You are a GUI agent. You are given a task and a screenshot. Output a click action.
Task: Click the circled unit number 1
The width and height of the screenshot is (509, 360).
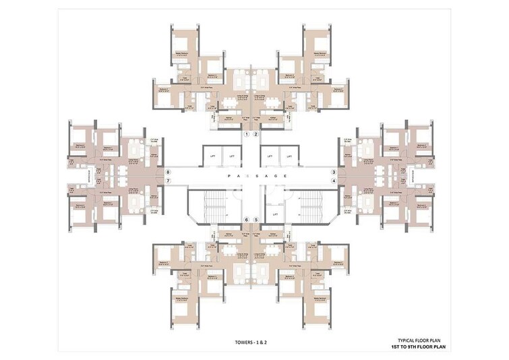247,135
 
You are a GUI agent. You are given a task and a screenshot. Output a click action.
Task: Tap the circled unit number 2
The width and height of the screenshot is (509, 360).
256,135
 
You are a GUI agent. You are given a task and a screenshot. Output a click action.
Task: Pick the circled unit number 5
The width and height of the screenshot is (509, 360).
256,220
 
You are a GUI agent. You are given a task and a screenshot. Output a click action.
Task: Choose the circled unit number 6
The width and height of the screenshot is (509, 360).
247,220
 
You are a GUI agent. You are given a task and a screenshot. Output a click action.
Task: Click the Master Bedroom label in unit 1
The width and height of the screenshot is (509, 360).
181,52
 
